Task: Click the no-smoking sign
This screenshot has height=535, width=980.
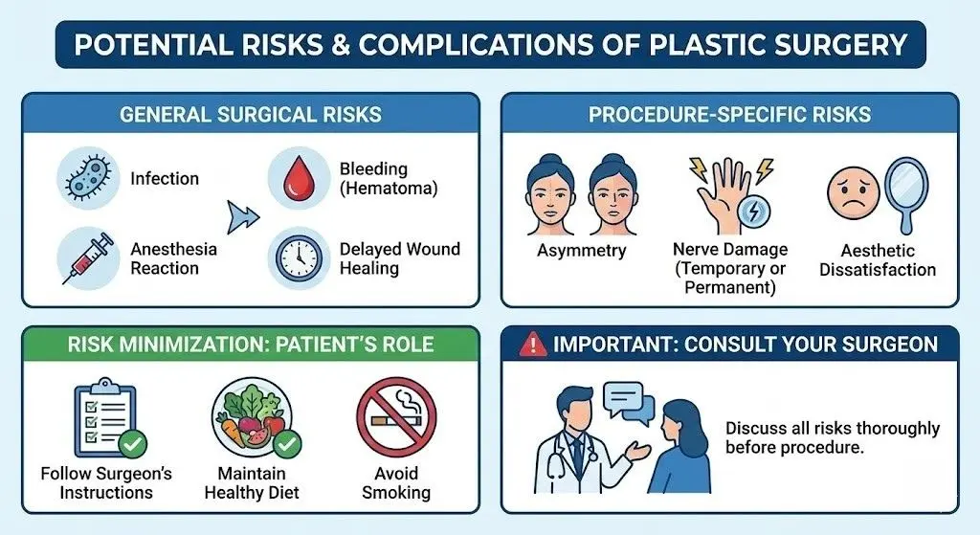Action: pyautogui.click(x=395, y=417)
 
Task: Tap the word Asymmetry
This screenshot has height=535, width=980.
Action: pyautogui.click(x=581, y=251)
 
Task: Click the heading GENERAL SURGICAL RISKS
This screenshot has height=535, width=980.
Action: pyautogui.click(x=251, y=115)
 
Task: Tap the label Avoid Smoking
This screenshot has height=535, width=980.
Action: pyautogui.click(x=395, y=483)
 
